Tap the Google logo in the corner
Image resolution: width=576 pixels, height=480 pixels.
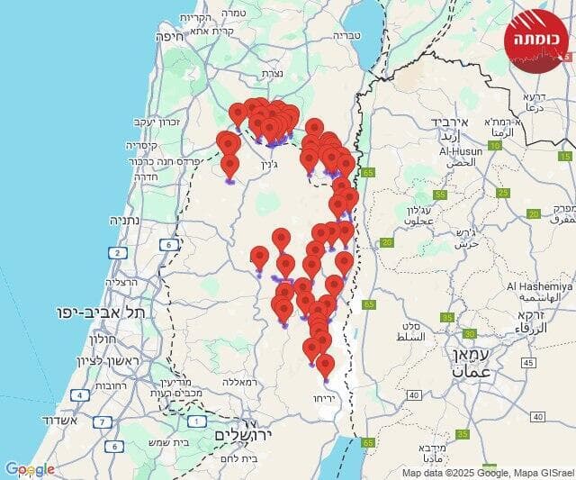[30, 469]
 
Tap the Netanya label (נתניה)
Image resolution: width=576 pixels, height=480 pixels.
[129, 220]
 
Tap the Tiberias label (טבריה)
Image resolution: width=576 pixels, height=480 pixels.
[346, 36]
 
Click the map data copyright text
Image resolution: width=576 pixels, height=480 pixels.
[487, 473]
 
